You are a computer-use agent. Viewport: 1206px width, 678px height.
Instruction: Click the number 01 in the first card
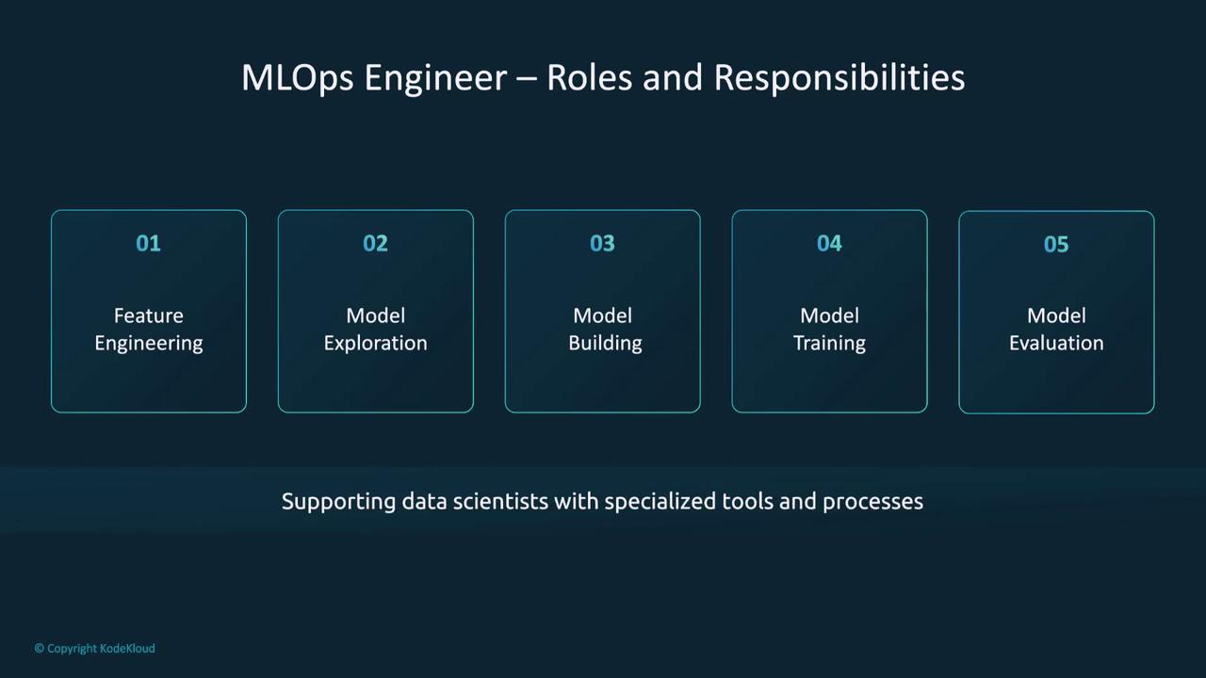click(148, 243)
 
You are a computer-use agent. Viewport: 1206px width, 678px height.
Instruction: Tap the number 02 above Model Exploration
click(375, 243)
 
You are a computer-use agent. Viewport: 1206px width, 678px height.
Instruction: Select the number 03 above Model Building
click(602, 243)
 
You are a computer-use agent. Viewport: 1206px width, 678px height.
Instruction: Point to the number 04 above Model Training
click(829, 243)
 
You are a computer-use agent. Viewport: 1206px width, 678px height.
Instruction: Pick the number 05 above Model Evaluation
click(1056, 244)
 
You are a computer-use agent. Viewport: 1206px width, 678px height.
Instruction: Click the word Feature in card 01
click(149, 315)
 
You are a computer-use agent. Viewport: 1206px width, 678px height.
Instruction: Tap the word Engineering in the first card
click(149, 344)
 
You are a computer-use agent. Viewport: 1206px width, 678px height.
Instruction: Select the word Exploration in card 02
click(375, 344)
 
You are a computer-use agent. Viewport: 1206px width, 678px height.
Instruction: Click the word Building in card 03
click(605, 344)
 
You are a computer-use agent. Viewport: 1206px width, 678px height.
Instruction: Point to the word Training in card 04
click(830, 344)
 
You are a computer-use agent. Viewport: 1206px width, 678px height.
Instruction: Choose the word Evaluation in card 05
click(1056, 344)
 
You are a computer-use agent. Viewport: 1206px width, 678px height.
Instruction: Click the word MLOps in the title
click(297, 78)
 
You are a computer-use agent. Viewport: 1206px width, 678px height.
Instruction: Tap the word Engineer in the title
click(435, 78)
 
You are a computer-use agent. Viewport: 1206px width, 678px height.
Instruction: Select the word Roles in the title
click(590, 77)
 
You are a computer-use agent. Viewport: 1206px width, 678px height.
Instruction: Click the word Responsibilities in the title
click(839, 78)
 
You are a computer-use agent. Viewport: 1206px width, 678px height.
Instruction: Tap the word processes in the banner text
click(872, 503)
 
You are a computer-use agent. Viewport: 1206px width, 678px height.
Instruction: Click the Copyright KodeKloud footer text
click(95, 649)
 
